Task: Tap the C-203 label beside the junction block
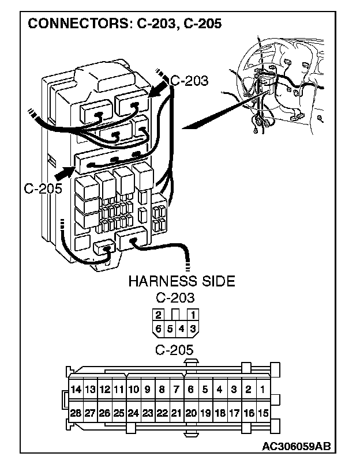189,81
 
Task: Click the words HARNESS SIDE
181,281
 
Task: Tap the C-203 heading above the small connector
175,298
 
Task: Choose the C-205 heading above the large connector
175,349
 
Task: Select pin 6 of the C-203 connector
157,329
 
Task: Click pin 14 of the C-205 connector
76,389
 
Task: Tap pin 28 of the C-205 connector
76,413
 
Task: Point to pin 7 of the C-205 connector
176,389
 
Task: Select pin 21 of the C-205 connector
176,413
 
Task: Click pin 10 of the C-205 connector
133,389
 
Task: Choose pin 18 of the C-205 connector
219,413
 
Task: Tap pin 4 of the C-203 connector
182,329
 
